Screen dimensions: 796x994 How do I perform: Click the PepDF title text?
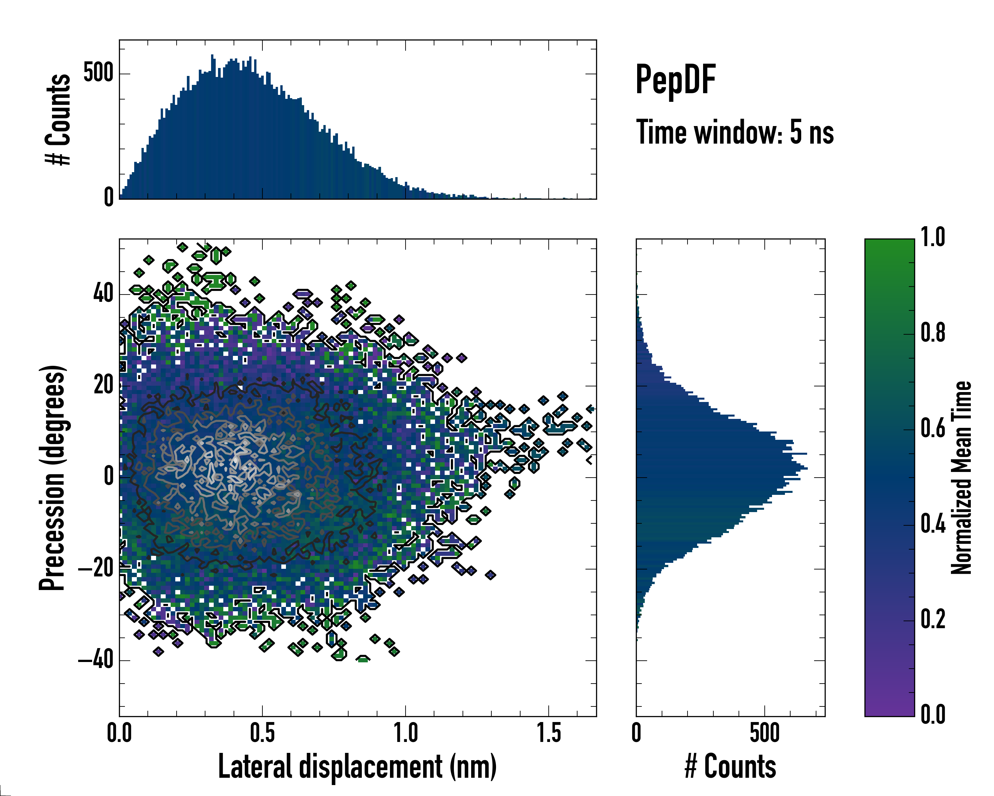675,79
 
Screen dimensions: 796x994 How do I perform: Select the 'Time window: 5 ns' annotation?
735,132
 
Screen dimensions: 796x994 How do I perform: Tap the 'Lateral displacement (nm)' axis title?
357,767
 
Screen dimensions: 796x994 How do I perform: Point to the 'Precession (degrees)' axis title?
52,478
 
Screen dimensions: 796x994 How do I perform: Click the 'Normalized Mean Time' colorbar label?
961,478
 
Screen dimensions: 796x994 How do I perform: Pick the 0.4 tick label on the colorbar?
933,524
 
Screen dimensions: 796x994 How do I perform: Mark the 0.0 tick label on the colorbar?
933,715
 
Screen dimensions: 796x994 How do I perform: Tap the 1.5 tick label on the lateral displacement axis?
549,733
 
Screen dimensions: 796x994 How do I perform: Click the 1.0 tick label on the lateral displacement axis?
405,733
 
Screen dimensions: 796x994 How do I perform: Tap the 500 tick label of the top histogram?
98,73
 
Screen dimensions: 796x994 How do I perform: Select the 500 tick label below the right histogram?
764,733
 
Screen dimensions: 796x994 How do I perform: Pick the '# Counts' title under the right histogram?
730,767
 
